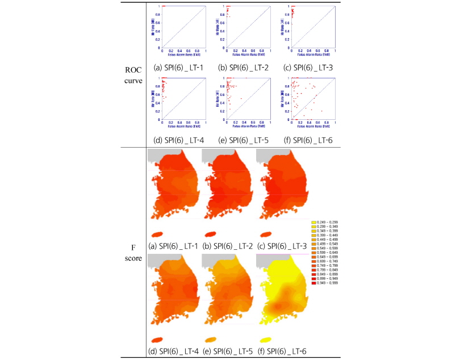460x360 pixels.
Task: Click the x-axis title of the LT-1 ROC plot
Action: [x=184, y=55]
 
